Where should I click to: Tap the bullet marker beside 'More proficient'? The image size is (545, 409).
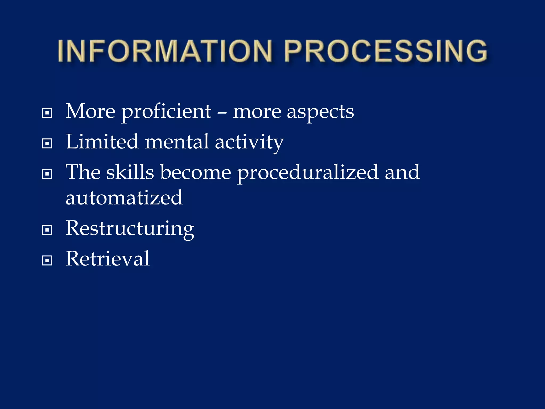(47, 113)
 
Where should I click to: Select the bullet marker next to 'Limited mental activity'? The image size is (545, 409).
(47, 144)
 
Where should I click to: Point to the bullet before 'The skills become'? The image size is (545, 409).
(47, 174)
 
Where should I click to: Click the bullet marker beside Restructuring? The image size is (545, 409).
(47, 230)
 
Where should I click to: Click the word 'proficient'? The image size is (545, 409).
(166, 112)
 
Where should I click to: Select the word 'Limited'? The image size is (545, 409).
(102, 142)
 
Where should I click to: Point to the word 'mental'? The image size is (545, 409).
(177, 142)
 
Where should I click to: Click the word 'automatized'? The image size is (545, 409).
(124, 198)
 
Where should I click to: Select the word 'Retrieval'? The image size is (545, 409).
(108, 259)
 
